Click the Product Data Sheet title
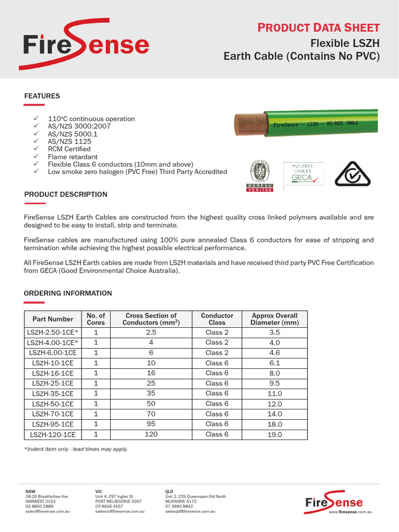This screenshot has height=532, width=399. point(318,28)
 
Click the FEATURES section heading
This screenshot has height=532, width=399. point(42,96)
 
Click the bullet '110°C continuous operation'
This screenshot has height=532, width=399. point(91,119)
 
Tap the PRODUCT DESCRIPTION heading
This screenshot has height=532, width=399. point(66,194)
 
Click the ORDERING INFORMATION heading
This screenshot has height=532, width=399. point(68,294)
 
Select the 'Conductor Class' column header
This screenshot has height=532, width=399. point(217,319)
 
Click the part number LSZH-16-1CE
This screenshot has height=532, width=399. point(53,373)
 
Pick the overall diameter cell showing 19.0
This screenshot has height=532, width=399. point(275,434)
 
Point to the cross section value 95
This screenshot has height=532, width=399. point(151,424)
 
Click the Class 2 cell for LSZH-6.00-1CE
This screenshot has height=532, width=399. point(217,353)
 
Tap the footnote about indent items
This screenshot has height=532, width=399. point(76,449)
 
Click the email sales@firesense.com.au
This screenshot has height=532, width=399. point(48,512)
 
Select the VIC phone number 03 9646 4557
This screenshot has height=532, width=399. point(109,506)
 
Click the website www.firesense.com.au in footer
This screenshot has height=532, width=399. point(351,512)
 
